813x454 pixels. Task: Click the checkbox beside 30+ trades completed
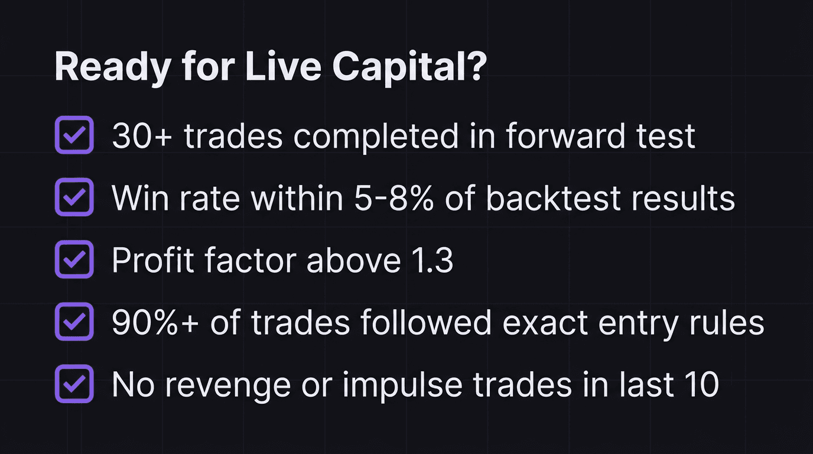(x=74, y=135)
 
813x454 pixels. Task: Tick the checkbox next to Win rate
(x=74, y=197)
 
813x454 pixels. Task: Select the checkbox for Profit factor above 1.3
(x=74, y=259)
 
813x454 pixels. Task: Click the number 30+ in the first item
(x=142, y=137)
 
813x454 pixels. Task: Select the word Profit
(x=150, y=261)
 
